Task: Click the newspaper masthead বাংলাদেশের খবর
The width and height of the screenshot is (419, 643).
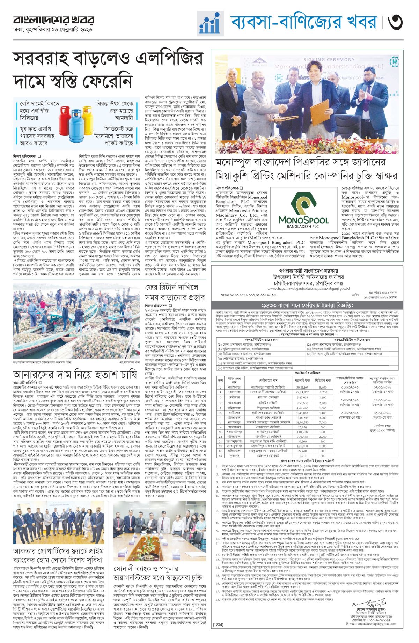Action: pyautogui.click(x=54, y=20)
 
